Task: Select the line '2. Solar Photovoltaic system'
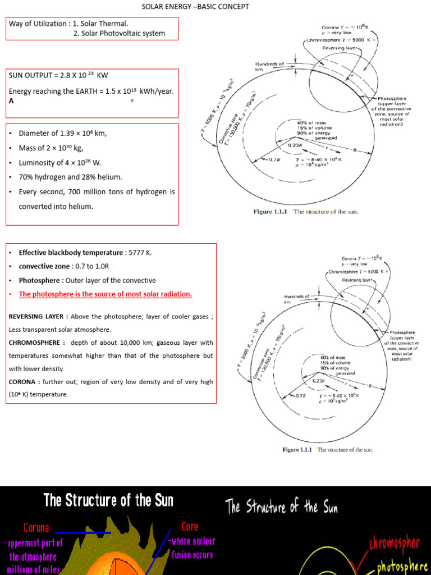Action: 119,33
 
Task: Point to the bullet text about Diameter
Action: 62,134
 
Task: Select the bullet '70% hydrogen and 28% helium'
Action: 70,177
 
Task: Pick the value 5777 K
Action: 140,253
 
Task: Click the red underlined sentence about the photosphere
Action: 106,294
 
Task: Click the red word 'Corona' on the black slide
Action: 36,528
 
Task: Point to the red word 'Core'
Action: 190,527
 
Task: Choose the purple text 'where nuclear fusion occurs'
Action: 191,548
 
